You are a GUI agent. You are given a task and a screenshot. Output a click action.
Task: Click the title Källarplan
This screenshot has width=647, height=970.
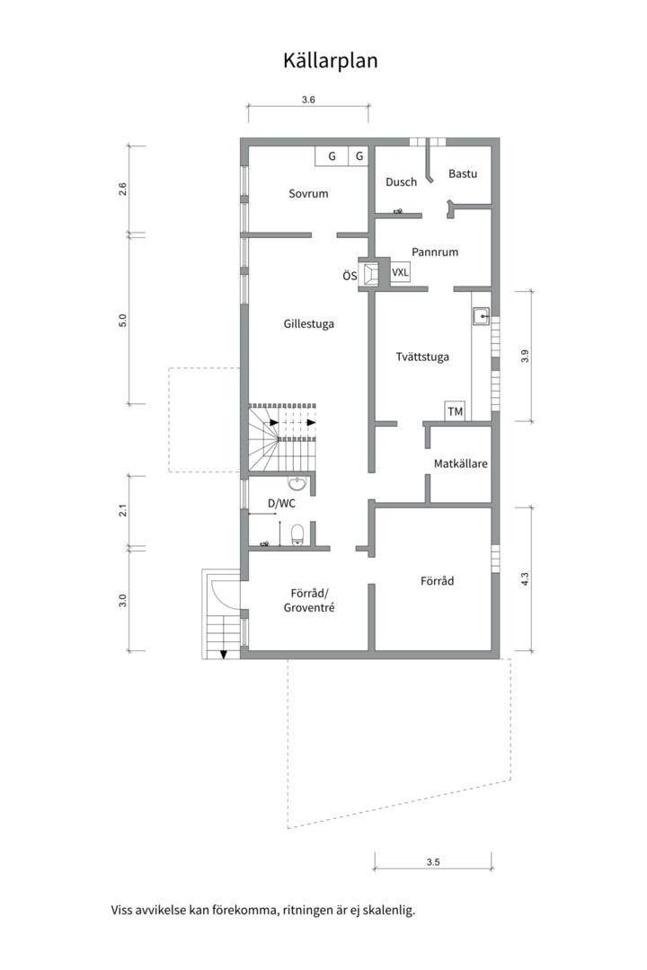click(330, 60)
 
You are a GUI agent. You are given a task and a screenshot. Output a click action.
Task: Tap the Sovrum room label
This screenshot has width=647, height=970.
click(308, 193)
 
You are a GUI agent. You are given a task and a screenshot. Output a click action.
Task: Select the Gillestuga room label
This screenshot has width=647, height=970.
click(308, 323)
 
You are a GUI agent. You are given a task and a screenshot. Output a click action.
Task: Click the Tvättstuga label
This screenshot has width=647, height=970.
click(422, 357)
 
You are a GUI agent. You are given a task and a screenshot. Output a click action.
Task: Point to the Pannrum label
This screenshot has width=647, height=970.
click(435, 251)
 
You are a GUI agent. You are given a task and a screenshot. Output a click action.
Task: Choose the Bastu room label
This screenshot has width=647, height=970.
click(463, 173)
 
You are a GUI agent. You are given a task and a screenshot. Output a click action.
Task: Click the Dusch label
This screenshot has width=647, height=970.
click(401, 181)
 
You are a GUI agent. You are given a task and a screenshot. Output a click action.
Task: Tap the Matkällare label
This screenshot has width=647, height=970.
click(460, 464)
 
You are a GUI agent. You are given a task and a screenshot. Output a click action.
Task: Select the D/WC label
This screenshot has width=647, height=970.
click(281, 503)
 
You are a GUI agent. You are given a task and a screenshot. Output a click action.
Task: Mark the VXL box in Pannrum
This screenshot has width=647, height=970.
click(400, 271)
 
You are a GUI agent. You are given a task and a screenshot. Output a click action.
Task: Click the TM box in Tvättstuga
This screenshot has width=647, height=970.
click(456, 411)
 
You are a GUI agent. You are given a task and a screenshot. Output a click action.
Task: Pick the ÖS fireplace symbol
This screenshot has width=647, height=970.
click(370, 275)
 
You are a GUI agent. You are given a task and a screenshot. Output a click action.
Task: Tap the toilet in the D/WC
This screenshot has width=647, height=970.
click(299, 537)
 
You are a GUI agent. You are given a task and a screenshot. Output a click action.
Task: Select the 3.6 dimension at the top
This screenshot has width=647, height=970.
click(308, 100)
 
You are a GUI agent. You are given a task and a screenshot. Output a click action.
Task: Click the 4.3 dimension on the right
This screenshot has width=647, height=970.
click(525, 580)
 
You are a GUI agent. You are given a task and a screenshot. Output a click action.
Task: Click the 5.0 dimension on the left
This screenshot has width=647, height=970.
click(123, 321)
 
